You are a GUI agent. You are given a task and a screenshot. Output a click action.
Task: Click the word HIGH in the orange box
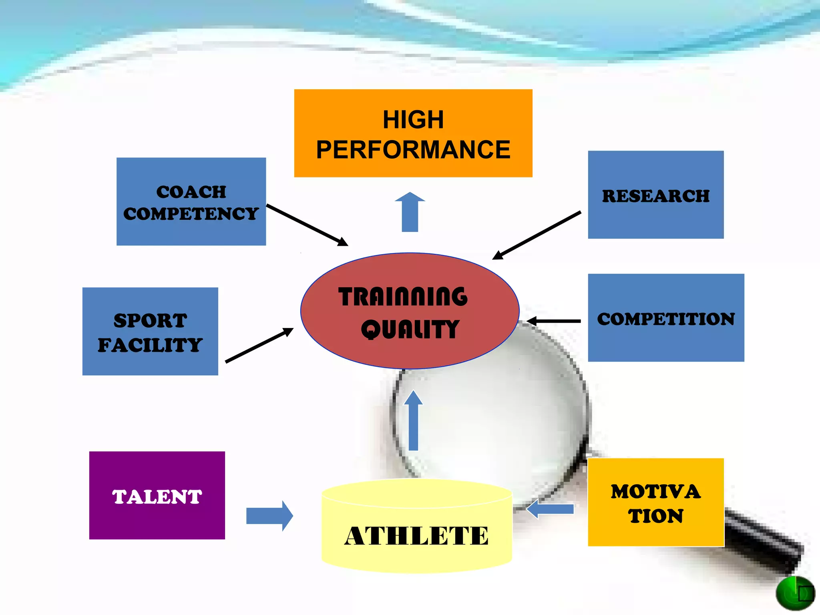[413, 119]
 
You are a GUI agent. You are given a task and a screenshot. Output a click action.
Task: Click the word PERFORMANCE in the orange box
[413, 150]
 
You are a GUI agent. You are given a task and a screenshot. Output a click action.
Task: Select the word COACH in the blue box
[191, 192]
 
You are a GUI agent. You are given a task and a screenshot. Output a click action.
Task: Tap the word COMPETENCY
[191, 214]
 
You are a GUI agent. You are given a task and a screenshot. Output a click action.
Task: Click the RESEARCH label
[655, 196]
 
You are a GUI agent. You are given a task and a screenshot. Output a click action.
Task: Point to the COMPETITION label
[665, 319]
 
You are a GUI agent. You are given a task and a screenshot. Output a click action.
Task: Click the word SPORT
[150, 320]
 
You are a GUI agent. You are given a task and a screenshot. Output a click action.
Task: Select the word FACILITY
[150, 345]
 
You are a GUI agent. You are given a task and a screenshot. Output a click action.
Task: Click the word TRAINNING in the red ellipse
[403, 297]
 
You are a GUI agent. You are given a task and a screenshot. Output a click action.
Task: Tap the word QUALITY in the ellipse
[410, 329]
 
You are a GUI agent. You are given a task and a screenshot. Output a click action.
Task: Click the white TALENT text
[157, 496]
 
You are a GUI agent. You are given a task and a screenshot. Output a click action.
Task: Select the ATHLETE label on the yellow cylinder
[416, 536]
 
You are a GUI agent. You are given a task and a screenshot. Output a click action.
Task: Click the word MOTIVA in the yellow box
[655, 492]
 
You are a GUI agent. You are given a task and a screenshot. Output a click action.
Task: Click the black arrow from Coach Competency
[307, 225]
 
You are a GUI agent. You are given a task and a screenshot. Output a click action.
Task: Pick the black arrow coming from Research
[537, 235]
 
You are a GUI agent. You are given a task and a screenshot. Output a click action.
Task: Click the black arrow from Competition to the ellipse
[554, 321]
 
